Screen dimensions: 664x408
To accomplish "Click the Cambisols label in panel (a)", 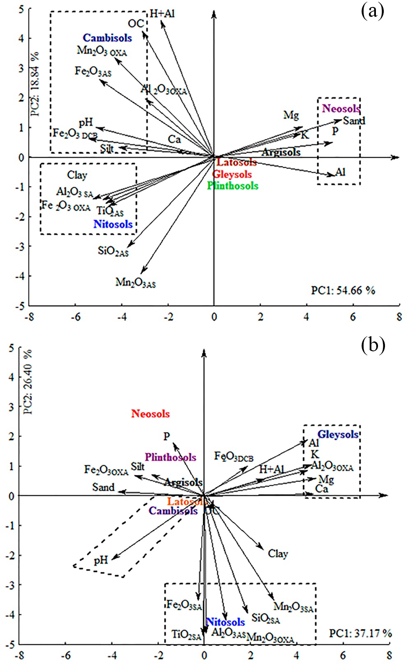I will point(107,38).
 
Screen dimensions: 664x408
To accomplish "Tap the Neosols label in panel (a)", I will point(341,108).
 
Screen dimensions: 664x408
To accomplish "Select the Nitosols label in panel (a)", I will point(113,224).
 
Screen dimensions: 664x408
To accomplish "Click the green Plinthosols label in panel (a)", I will point(233,186).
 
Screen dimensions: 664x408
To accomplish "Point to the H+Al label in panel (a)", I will point(162,14).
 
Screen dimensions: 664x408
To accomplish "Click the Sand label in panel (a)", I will point(354,120).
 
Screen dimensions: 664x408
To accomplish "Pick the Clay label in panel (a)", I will point(77,175).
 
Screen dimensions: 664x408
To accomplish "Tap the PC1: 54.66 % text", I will point(343,290).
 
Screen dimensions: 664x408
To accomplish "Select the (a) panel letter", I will point(373,12).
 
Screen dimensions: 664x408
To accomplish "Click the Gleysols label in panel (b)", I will point(338,434).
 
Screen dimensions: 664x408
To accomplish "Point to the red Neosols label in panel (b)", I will point(151,414).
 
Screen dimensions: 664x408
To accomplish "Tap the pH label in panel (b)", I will point(101,560).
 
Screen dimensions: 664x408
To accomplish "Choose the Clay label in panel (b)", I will point(278,554).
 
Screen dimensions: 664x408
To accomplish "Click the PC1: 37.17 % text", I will point(360,633).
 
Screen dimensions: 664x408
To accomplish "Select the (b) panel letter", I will point(373,346).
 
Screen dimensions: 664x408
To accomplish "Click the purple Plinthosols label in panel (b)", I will point(170,457).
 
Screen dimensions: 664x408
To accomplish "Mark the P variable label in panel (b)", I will point(167,436).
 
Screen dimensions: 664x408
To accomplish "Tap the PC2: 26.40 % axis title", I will point(28,382).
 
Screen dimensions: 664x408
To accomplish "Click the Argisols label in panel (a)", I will point(281,152).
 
